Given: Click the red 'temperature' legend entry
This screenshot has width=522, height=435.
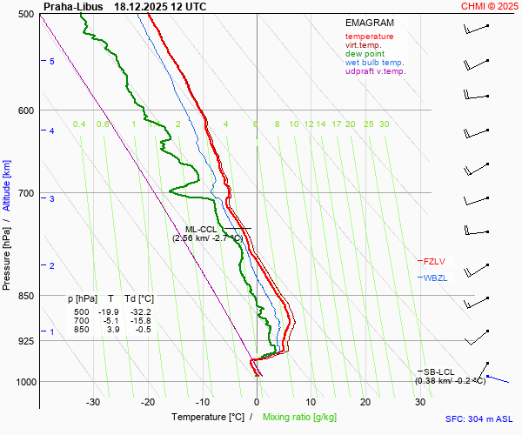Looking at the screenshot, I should coord(369,37).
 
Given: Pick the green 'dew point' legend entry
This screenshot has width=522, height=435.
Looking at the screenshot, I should coord(364,54).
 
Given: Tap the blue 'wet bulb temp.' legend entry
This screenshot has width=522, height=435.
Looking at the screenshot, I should coord(374,63).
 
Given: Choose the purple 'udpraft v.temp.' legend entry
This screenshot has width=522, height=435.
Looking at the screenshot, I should coord(375,71).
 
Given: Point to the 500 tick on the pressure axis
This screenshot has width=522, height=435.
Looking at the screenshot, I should coord(25,15).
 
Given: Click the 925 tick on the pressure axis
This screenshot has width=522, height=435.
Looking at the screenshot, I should coord(25,341).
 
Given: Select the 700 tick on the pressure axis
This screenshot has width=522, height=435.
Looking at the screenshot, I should coord(25,193).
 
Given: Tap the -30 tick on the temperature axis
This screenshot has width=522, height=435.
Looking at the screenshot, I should coord(93,402).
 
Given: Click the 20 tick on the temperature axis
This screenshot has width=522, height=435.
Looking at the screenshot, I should coord(365,402).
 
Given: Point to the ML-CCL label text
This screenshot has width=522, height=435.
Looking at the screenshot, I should coord(201,229).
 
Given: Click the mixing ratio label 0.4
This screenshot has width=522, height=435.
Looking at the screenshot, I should coord(79,124).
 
